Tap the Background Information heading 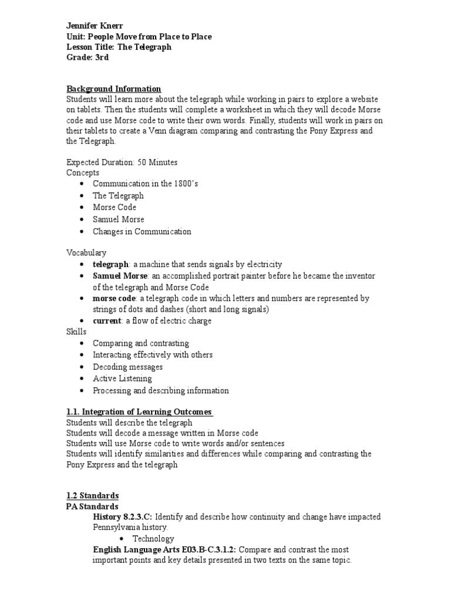pos(113,89)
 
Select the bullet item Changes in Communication pos(142,231)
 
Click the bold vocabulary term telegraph pos(110,264)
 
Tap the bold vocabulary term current pos(107,321)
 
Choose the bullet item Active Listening pos(122,379)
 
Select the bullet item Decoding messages pos(127,367)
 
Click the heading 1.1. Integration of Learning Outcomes pos(139,411)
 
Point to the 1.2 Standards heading pos(92,495)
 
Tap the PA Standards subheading pos(92,506)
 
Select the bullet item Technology pos(153,538)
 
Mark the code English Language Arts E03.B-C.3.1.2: pos(164,549)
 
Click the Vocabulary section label pos(86,252)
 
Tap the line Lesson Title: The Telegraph pos(119,47)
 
